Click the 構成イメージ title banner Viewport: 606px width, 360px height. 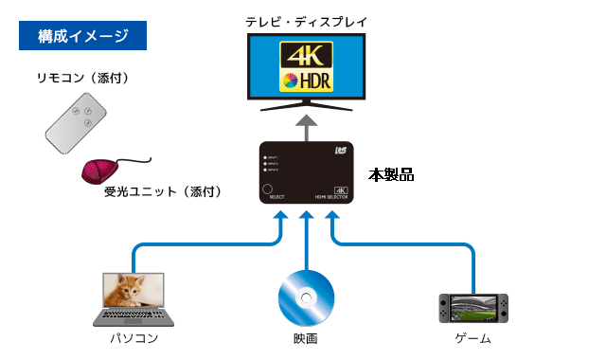tap(84, 37)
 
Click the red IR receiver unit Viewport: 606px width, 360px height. tap(100, 171)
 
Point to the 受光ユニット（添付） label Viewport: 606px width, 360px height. tap(162, 192)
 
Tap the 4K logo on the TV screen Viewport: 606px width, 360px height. tap(305, 53)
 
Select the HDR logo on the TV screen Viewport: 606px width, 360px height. tap(305, 80)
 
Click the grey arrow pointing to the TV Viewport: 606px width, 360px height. tap(306, 125)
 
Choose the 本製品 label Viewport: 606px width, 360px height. tap(391, 175)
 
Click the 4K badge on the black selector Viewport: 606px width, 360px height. tap(342, 189)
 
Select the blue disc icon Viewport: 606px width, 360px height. tap(305, 297)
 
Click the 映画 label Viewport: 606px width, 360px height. tap(305, 338)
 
